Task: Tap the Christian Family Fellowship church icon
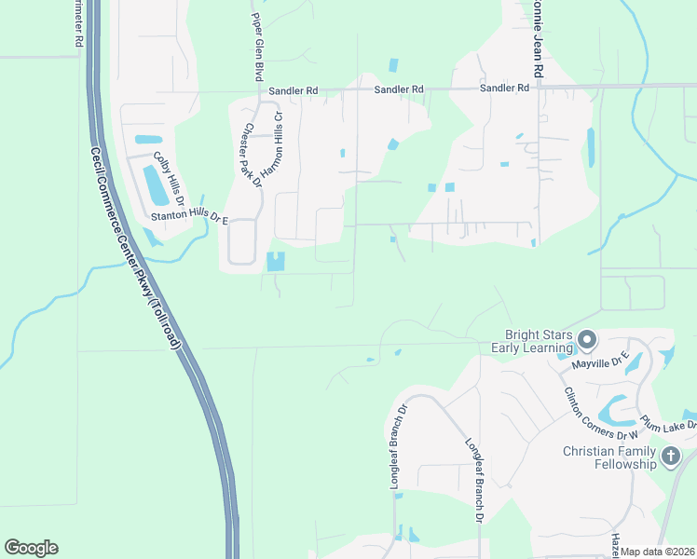(x=671, y=457)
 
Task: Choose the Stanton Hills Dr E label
(x=189, y=218)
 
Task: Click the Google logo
(x=31, y=548)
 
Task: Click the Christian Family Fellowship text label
(x=609, y=457)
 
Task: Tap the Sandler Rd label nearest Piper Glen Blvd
(x=293, y=91)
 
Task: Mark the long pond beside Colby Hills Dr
(x=154, y=184)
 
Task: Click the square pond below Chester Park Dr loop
(x=277, y=262)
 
